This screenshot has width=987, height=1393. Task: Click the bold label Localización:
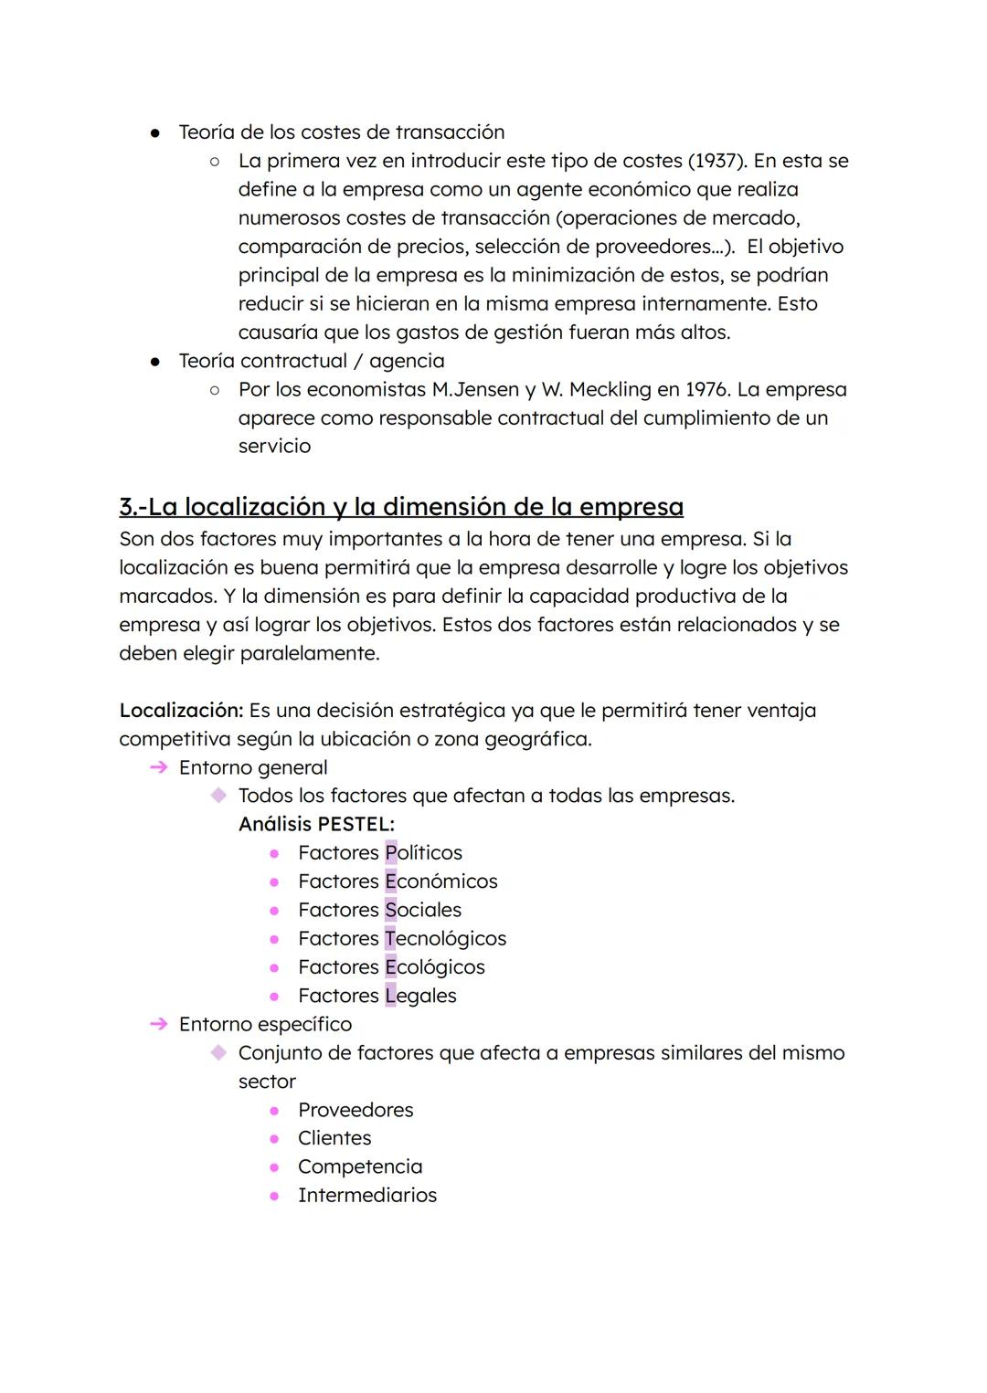tap(181, 710)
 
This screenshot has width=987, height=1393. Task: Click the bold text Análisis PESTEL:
tap(316, 824)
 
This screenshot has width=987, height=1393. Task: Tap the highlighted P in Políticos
tap(391, 852)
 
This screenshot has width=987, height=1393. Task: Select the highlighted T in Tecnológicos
tap(390, 938)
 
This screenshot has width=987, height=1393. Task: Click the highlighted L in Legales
tap(390, 996)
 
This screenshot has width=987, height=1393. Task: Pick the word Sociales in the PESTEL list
tap(423, 910)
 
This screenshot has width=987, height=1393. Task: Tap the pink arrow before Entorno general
tap(158, 767)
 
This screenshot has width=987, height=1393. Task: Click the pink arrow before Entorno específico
tap(158, 1024)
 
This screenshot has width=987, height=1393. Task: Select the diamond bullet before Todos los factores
tap(218, 796)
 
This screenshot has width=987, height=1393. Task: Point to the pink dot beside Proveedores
tap(273, 1110)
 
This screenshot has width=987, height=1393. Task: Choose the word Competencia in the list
tap(360, 1166)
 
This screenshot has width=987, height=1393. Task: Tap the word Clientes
tap(334, 1138)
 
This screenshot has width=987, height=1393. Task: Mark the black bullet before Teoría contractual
tap(155, 362)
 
